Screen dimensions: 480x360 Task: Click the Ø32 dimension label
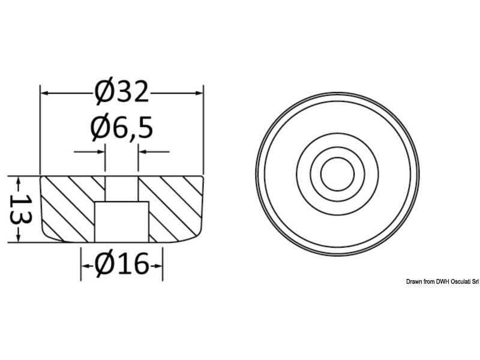[122, 92]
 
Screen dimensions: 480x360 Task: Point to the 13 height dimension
[20, 209]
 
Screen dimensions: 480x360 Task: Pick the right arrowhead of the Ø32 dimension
[199, 92]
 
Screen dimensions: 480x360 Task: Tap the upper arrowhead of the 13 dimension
[19, 181]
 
